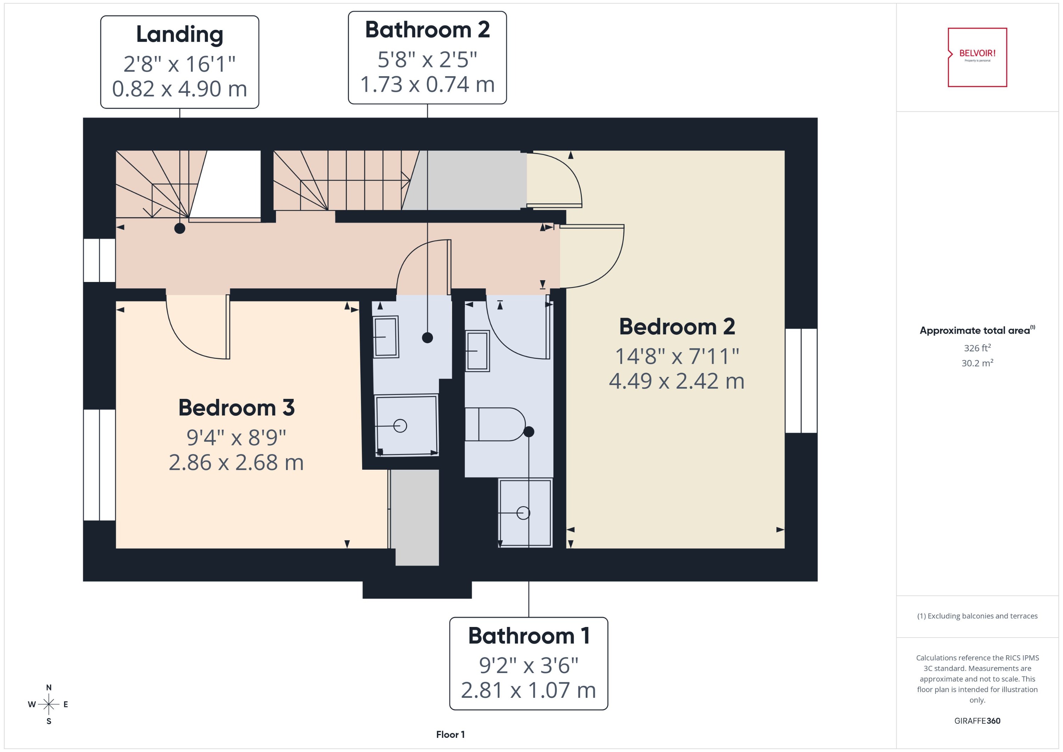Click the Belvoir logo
[x=977, y=57]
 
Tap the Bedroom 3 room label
[x=236, y=407]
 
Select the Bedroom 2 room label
[x=677, y=327]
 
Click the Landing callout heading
[x=179, y=34]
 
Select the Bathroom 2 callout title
[x=427, y=30]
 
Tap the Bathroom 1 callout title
[x=529, y=635]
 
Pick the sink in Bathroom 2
[x=386, y=337]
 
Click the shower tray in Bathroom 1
[x=525, y=513]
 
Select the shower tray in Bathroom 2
[x=406, y=425]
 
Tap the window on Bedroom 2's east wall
[x=801, y=381]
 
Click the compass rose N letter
[x=49, y=688]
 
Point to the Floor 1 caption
[x=450, y=734]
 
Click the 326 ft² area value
[x=977, y=348]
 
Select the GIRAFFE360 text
[x=977, y=720]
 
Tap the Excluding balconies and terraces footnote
[x=977, y=616]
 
